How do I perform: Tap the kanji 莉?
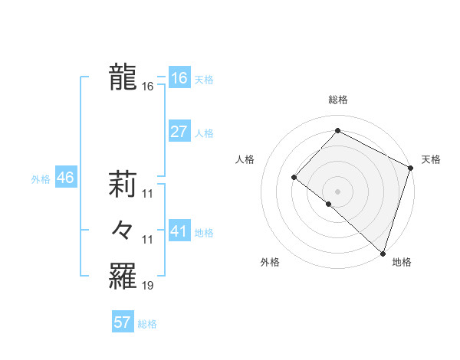[123, 183]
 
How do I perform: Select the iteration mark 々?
[123, 229]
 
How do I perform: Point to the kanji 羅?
[123, 275]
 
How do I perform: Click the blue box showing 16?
[179, 78]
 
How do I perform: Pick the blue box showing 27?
[179, 132]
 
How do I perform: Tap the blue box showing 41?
[179, 231]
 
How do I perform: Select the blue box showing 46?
[65, 178]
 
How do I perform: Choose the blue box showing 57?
[123, 322]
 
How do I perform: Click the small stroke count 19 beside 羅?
[148, 286]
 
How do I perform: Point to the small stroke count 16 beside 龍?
[148, 87]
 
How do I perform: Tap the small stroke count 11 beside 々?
[148, 241]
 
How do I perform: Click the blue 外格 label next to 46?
[41, 180]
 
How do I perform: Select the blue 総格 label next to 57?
[147, 324]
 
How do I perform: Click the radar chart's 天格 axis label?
[431, 159]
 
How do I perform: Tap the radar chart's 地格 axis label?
[402, 262]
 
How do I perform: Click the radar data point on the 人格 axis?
[294, 177]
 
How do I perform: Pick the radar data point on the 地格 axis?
[383, 253]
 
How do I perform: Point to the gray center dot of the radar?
[337, 191]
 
